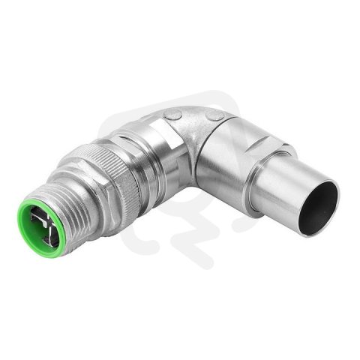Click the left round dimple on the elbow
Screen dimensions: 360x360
tap(174, 115)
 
